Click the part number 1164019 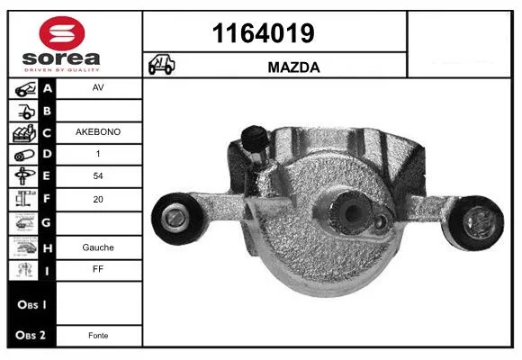263,33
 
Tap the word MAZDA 293,67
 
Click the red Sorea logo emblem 62,33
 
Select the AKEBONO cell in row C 98,132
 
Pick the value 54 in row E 98,175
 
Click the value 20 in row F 98,199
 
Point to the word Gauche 98,247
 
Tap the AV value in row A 98,87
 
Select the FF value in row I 98,269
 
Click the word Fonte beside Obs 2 98,336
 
